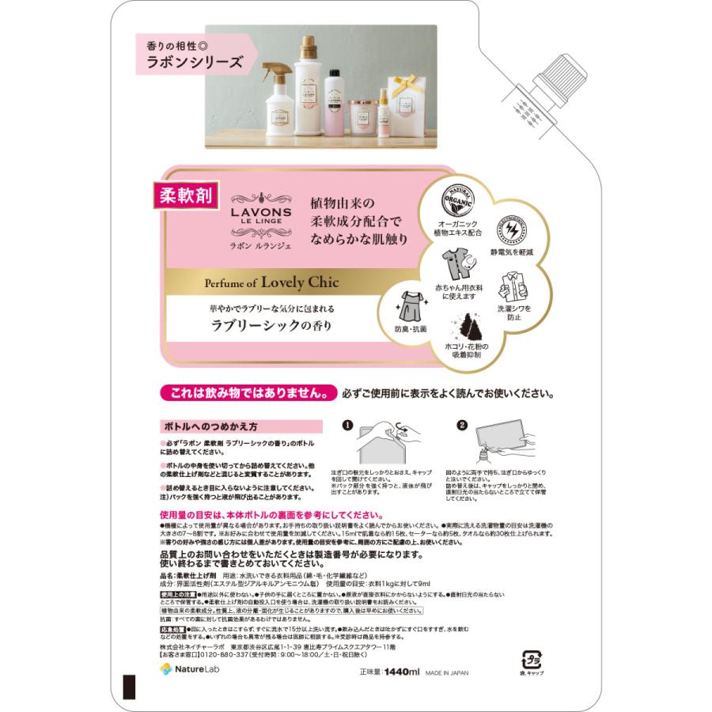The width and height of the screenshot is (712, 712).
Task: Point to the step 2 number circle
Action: pyautogui.click(x=463, y=426)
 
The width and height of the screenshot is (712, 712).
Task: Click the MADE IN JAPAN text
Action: pyautogui.click(x=447, y=672)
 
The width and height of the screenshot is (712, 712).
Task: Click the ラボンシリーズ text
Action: pyautogui.click(x=192, y=61)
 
